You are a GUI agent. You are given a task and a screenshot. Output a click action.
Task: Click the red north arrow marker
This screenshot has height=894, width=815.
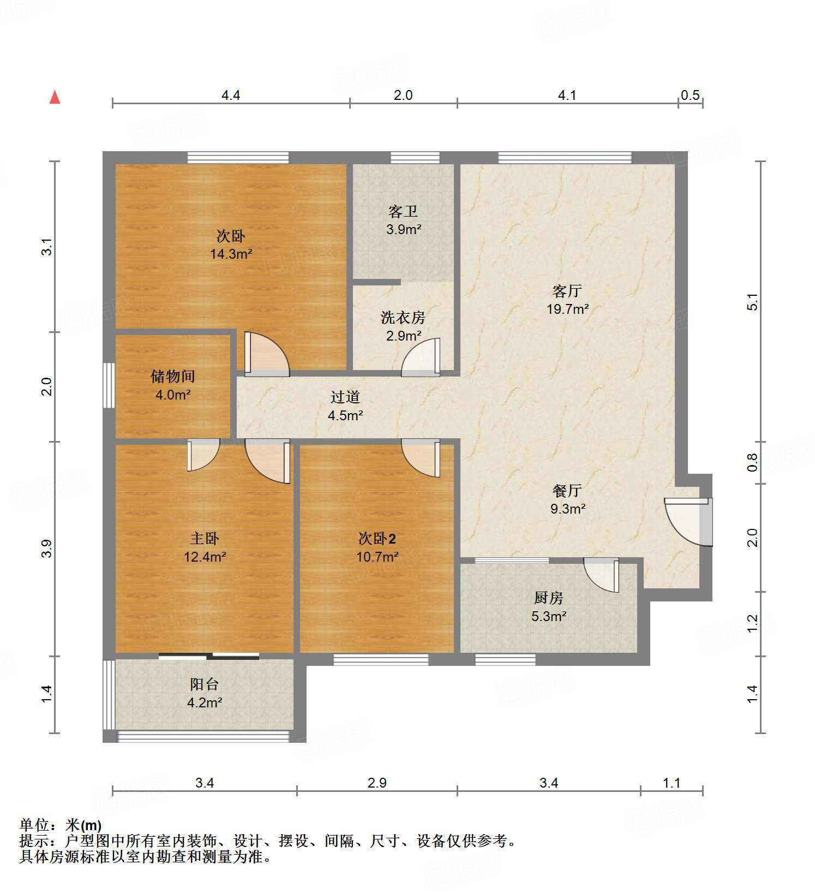55,97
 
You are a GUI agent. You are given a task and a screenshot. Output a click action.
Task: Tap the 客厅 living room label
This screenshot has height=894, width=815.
567,291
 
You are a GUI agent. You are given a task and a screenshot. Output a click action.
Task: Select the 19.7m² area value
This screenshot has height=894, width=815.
567,309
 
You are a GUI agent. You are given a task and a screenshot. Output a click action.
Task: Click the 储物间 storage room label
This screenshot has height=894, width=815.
173,376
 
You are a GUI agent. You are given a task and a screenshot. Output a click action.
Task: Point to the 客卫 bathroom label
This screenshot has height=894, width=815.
403,211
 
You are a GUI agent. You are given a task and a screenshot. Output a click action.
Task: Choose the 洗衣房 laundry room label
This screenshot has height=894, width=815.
403,317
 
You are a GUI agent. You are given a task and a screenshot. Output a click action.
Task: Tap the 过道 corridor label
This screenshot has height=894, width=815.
345,397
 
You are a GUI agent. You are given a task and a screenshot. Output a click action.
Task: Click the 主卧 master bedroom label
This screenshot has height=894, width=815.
205,539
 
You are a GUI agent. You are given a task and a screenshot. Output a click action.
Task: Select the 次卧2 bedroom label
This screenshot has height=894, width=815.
377,539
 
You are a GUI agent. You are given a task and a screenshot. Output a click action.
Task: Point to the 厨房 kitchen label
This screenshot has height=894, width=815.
548,598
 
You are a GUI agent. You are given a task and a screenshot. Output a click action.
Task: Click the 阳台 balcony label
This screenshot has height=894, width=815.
205,684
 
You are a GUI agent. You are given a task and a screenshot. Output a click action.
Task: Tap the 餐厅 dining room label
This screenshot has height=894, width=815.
567,491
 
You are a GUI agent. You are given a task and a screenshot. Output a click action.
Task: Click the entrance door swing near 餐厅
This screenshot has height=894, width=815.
687,521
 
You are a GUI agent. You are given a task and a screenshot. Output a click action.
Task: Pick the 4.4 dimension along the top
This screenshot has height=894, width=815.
231,96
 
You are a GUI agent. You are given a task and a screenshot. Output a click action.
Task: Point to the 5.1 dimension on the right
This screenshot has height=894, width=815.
753,302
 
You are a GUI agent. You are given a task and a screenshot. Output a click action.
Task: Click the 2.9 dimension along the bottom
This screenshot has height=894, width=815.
377,783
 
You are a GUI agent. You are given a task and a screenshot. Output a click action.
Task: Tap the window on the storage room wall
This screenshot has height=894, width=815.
109,385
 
